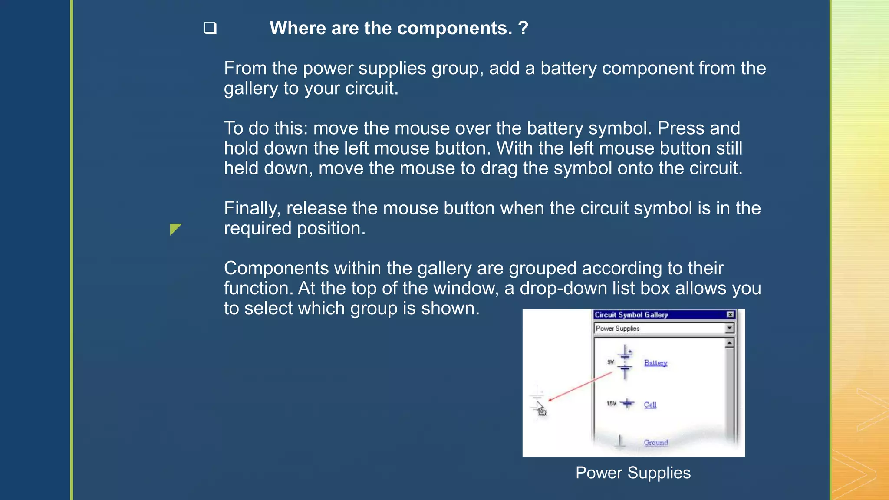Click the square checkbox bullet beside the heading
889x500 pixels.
pos(211,29)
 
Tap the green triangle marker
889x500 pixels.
pos(175,229)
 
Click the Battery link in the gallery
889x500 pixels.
pos(655,363)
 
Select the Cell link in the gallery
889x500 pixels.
pos(650,405)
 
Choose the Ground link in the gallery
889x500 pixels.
pos(655,442)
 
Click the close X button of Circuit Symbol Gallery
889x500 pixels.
pos(730,315)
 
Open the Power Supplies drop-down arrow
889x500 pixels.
pos(729,328)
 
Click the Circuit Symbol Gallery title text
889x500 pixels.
pos(631,315)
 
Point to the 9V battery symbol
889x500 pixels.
pos(625,362)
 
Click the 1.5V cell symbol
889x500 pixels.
pos(627,404)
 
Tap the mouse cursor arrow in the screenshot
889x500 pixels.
pos(540,408)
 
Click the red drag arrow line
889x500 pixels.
pos(579,386)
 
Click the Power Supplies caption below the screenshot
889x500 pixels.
pos(632,473)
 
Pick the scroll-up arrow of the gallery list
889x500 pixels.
pos(729,343)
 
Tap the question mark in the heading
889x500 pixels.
pos(523,28)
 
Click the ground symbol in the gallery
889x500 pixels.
pos(619,441)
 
